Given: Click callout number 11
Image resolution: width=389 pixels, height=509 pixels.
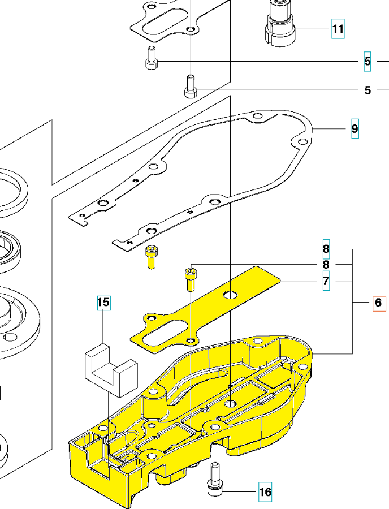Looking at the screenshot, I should (x=338, y=28).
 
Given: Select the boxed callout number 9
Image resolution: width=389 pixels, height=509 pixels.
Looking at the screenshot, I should (x=355, y=129).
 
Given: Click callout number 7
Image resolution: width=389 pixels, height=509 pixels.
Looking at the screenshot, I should (x=326, y=281).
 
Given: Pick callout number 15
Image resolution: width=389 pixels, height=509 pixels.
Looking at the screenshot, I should (x=103, y=303).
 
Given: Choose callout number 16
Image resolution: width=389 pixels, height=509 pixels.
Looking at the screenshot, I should (x=265, y=492).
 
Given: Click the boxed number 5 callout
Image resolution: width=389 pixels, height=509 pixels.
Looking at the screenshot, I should (x=368, y=62).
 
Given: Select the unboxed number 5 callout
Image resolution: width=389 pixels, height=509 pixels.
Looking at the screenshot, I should (x=368, y=90).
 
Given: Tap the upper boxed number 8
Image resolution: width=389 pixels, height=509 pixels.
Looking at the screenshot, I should (x=326, y=249).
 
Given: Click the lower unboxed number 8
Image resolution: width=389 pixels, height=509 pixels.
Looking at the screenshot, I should (x=326, y=265).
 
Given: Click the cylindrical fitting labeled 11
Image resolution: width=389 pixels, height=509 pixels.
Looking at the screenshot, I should (x=279, y=23).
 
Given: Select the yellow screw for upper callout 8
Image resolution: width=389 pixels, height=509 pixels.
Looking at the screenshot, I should (x=152, y=257).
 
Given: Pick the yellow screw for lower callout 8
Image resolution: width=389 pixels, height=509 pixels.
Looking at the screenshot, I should (x=191, y=279).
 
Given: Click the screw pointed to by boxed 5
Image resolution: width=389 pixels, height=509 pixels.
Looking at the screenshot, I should (x=151, y=58).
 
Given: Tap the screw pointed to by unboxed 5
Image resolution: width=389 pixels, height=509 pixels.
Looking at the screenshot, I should (x=191, y=86).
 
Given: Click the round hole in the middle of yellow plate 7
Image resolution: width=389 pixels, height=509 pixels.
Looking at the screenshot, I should (x=230, y=295).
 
